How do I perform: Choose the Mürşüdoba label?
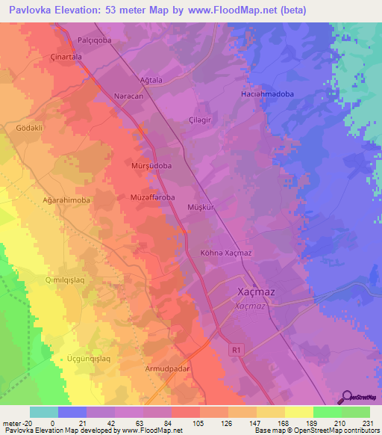(151, 166)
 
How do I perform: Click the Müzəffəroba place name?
(153, 198)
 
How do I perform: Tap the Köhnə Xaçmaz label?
(226, 253)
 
